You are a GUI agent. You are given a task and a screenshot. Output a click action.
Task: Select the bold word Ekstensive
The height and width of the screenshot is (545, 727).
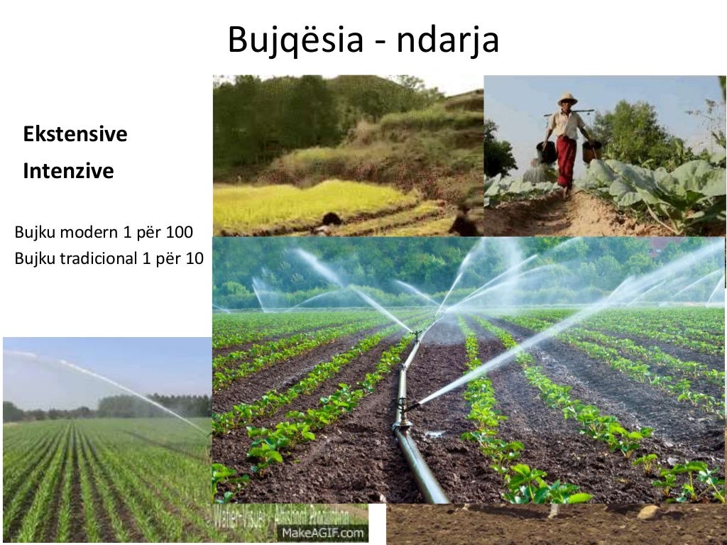pyautogui.click(x=75, y=134)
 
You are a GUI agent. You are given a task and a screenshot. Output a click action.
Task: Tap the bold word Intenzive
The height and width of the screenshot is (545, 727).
pyautogui.click(x=68, y=172)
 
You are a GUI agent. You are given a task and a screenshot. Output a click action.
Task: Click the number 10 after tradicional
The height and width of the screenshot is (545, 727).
pyautogui.click(x=195, y=258)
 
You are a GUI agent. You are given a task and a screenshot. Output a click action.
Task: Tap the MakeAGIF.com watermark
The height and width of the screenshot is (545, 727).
pyautogui.click(x=322, y=532)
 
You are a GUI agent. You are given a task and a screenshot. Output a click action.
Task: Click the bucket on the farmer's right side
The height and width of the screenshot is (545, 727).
pyautogui.click(x=545, y=152)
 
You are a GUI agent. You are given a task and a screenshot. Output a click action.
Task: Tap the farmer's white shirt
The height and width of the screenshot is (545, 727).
pyautogui.click(x=566, y=125)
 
